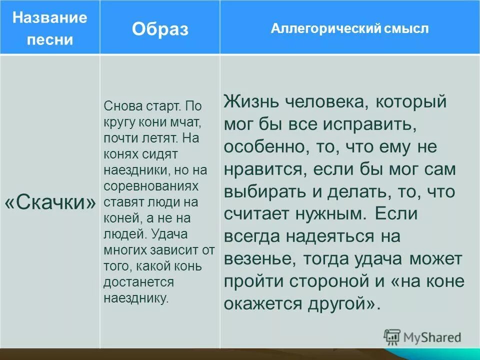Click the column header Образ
[160, 29]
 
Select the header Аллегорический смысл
[349, 28]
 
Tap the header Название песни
[49, 28]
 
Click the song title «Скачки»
[50, 202]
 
